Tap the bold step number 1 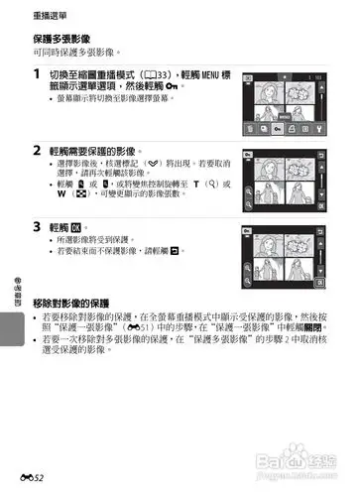(x=37, y=75)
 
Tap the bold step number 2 (x=37, y=151)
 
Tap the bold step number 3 (x=37, y=226)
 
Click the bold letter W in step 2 (x=64, y=194)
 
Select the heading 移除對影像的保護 (x=84, y=302)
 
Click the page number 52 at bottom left (x=37, y=479)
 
